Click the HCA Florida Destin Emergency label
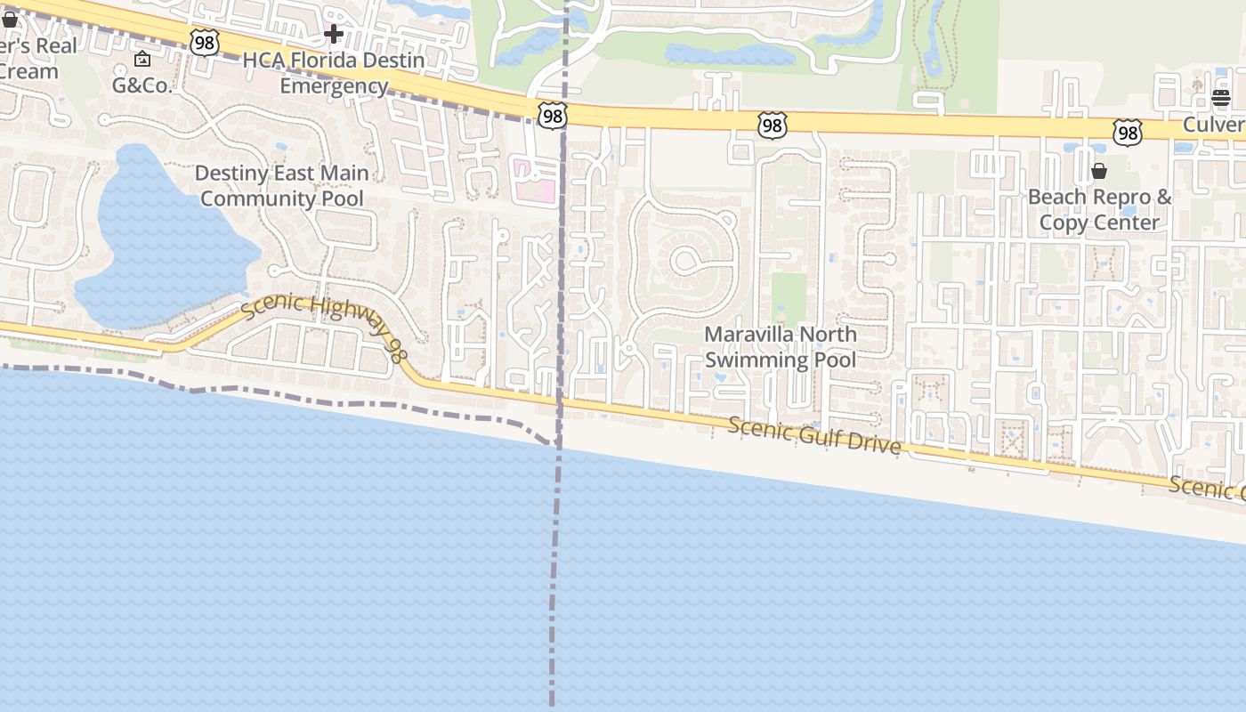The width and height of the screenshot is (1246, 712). tap(334, 74)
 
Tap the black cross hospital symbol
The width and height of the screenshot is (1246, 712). tap(334, 35)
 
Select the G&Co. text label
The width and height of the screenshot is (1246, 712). tap(142, 85)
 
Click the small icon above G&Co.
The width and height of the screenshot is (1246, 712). tap(142, 60)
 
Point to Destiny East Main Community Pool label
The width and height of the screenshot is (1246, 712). tap(282, 185)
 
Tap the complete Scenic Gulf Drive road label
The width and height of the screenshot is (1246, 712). tap(814, 435)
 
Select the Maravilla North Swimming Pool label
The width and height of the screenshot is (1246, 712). tap(781, 347)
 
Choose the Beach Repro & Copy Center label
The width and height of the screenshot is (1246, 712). tap(1100, 209)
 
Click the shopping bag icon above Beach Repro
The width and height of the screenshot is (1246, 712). tap(1099, 171)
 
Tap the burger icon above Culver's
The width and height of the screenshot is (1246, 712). tap(1220, 98)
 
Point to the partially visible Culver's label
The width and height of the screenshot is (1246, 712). tap(1214, 125)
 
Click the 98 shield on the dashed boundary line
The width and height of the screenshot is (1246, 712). tap(552, 114)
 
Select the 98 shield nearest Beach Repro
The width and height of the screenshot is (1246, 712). tap(1127, 133)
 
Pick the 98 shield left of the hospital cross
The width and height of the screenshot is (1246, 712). tap(204, 42)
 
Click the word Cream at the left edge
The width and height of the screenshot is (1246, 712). tap(28, 71)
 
